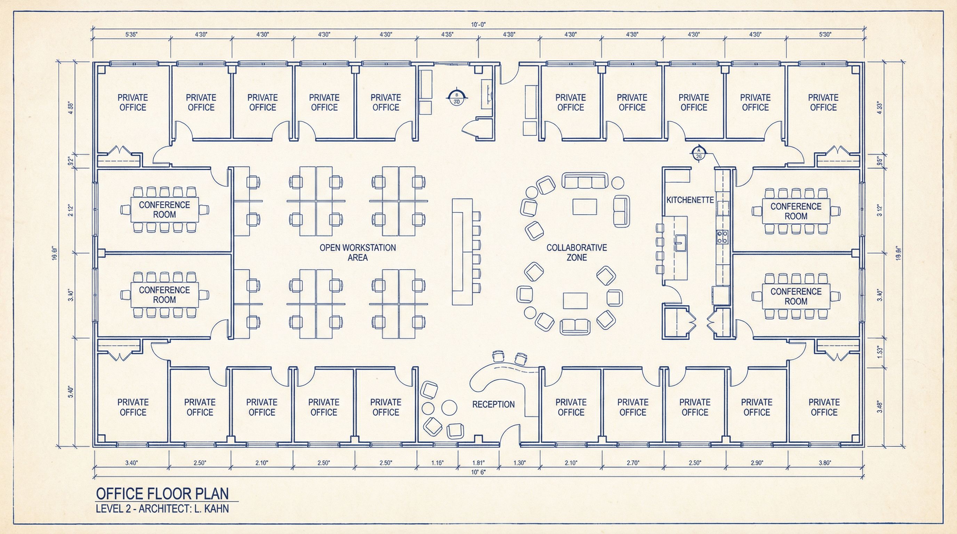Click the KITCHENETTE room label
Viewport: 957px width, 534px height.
[690, 200]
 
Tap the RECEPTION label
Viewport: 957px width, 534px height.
[493, 404]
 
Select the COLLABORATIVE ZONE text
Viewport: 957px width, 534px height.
[577, 252]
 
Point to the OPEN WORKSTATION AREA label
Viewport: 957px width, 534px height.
[358, 252]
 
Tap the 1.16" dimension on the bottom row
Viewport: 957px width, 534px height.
[437, 463]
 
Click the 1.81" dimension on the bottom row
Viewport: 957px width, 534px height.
[478, 463]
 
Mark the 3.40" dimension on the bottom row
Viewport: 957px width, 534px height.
[131, 463]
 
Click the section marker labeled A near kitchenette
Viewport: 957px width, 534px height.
[698, 153]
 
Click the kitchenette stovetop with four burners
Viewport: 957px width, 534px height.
[722, 237]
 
